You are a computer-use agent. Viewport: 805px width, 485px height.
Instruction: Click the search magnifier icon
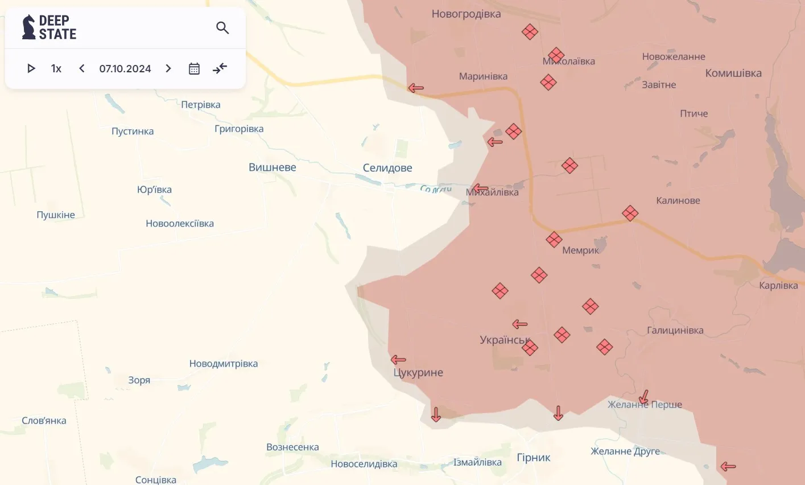222,28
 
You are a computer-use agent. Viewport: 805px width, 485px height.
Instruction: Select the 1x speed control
56,69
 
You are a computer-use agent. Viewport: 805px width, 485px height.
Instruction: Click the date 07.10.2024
125,69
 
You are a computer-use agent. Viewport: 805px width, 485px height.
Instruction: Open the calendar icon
194,69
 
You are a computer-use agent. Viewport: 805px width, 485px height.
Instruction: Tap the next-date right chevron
168,69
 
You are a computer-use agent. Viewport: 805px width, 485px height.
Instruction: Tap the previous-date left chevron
82,69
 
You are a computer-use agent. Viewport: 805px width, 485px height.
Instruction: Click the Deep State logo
49,27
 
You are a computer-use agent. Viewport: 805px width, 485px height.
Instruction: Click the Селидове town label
387,168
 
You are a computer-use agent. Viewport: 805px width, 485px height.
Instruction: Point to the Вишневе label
272,167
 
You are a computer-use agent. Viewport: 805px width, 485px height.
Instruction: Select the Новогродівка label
466,14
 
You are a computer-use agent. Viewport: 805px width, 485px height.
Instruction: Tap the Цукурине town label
418,373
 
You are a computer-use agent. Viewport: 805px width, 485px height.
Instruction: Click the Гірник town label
533,458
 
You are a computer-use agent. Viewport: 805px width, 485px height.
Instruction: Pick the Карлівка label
778,285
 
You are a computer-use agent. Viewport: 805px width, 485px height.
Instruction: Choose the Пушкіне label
56,215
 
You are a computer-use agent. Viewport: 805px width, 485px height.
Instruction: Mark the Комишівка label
733,73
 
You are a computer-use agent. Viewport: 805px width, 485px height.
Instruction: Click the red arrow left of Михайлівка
480,188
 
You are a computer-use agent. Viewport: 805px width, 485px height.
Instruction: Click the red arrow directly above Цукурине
398,360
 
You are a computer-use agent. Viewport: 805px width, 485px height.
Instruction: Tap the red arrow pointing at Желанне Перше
643,397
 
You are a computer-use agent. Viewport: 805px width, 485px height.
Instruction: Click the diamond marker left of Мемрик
554,240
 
